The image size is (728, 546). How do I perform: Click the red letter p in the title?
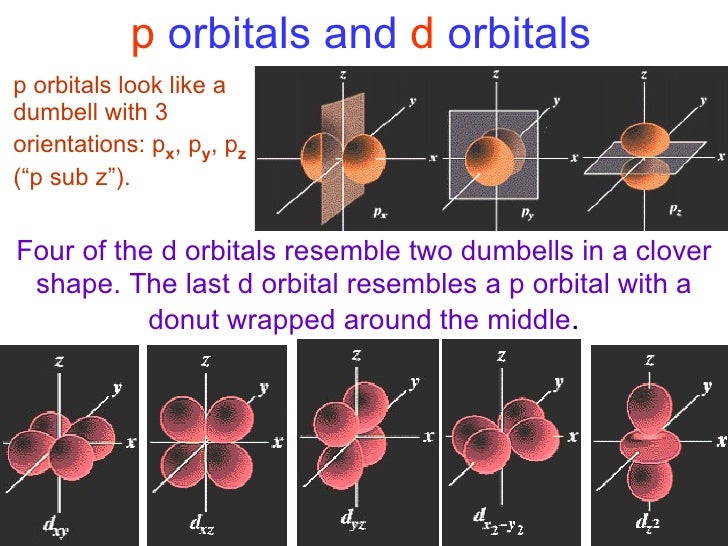tap(142, 35)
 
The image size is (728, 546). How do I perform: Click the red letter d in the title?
tap(420, 35)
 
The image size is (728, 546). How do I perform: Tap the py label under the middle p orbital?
tap(528, 213)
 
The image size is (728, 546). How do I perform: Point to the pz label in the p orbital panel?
tap(676, 212)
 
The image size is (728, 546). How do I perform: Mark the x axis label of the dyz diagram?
tap(428, 437)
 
